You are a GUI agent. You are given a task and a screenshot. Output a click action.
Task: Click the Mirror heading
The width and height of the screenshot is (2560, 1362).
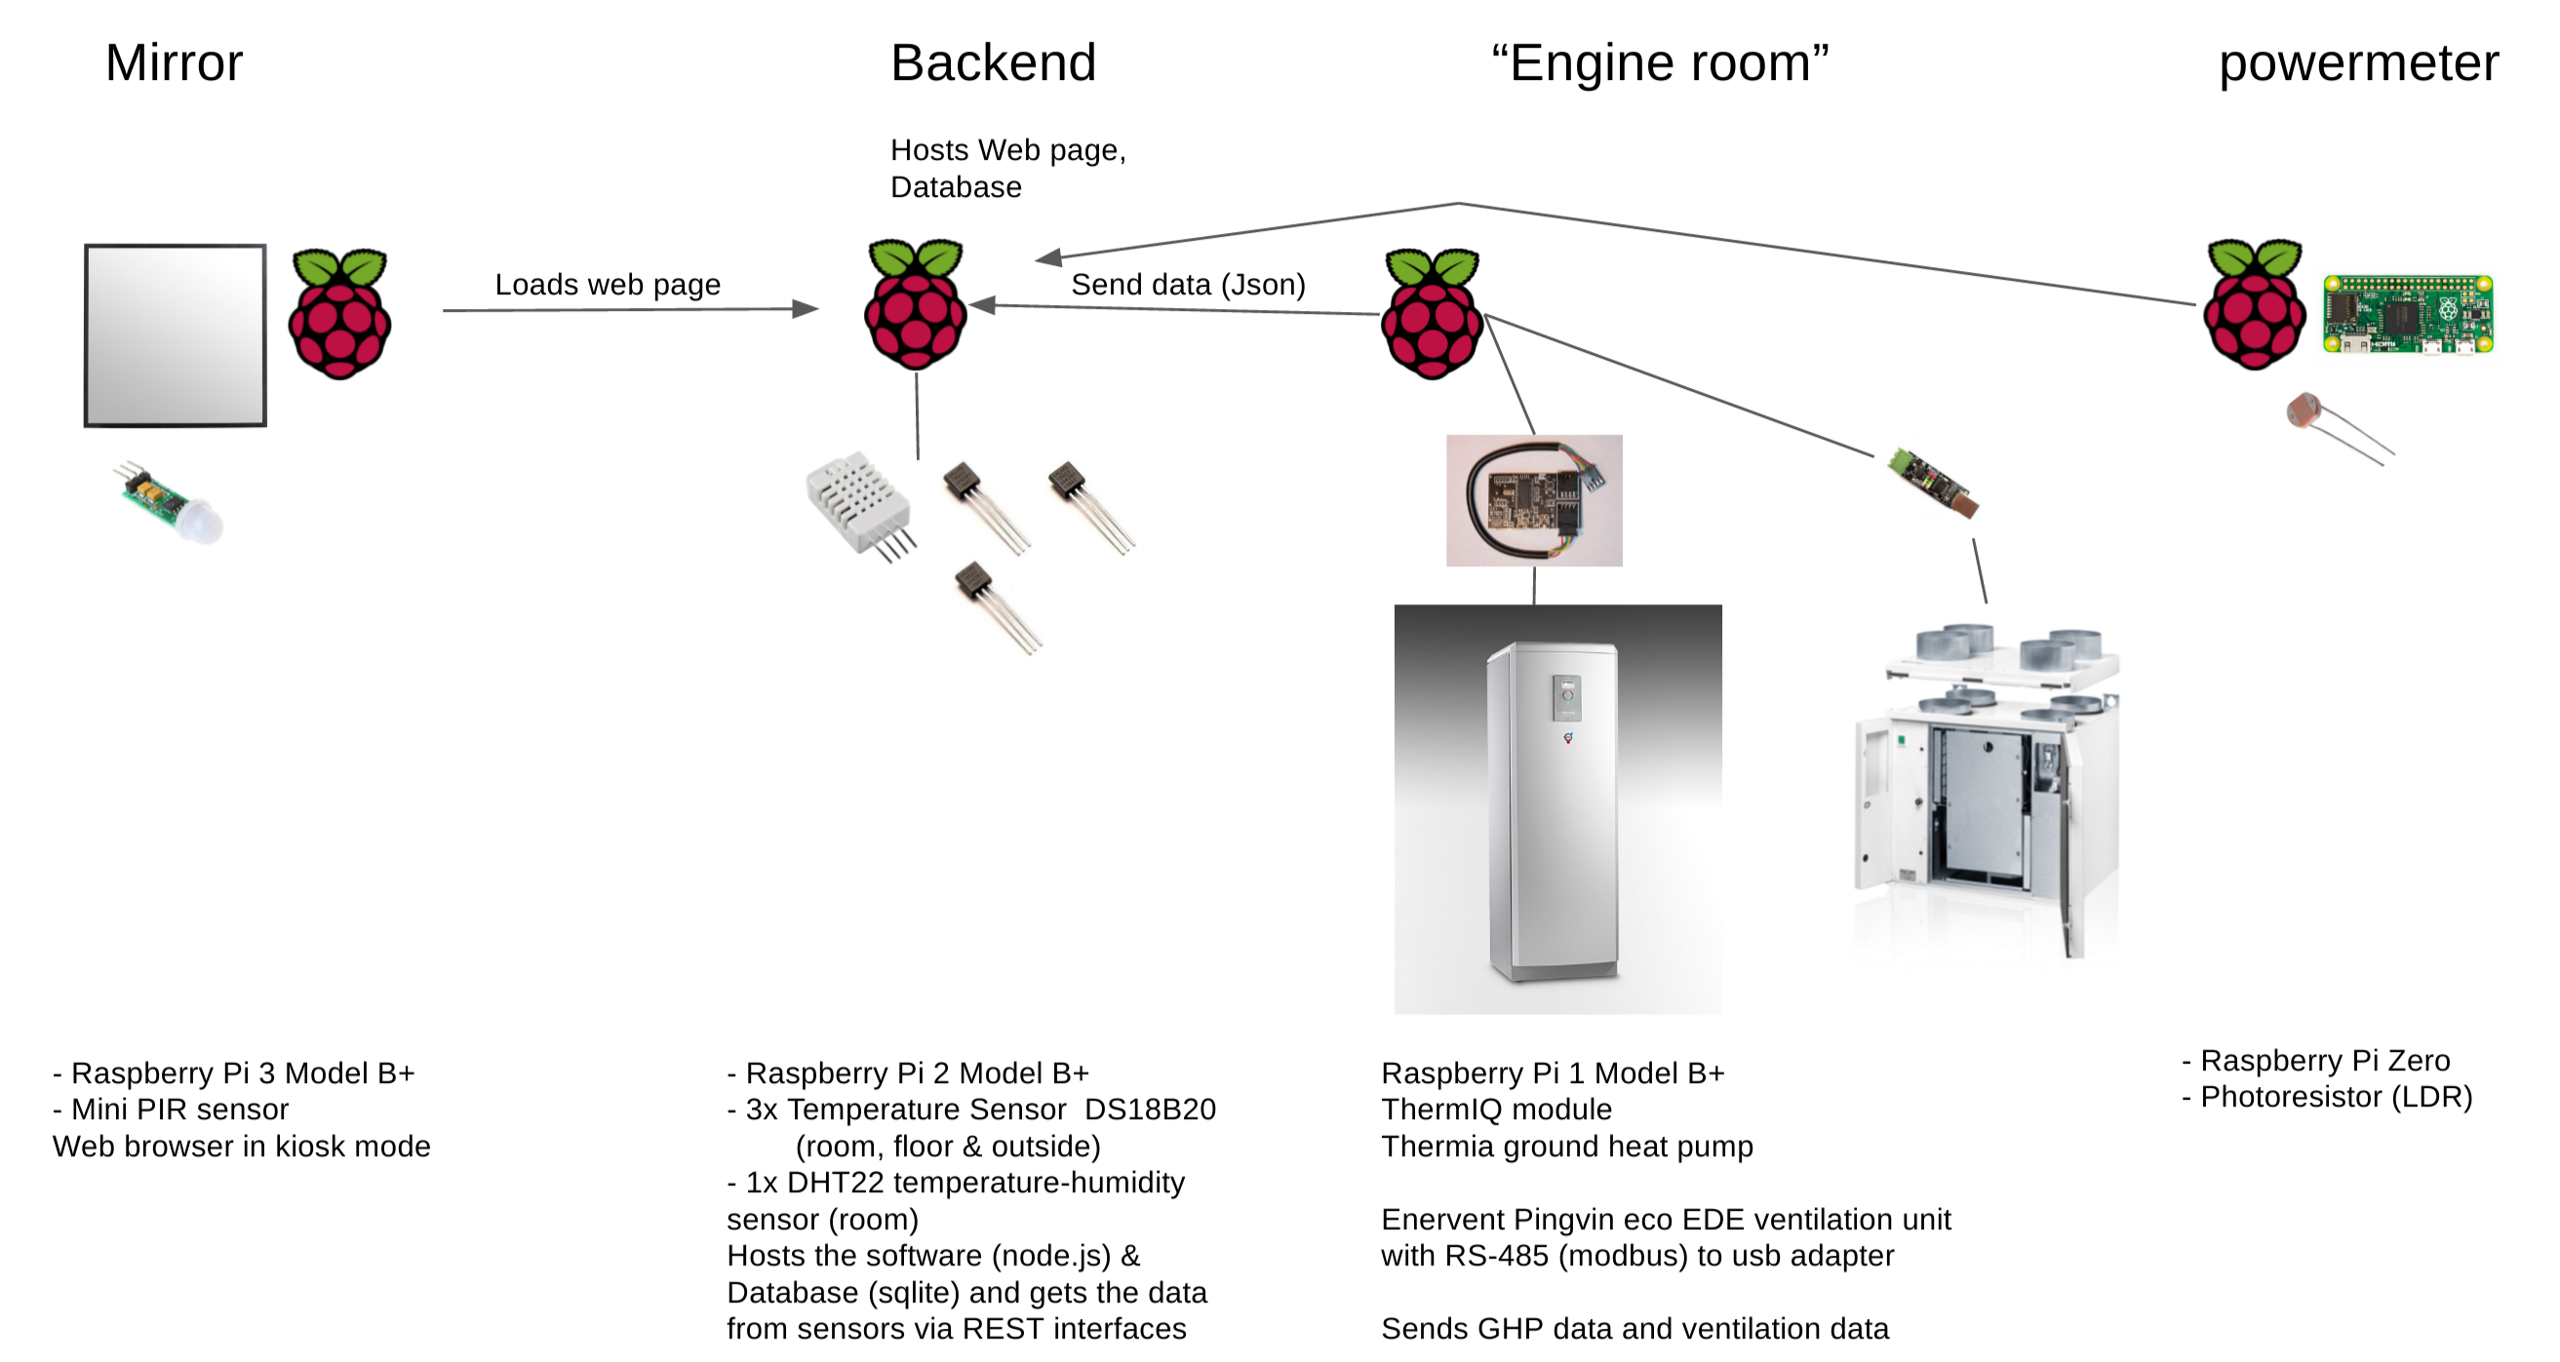pos(174,63)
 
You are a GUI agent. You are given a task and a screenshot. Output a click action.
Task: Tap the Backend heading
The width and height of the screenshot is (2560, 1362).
pos(993,63)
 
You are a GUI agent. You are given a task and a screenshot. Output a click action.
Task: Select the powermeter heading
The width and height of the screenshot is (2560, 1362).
pos(2357,63)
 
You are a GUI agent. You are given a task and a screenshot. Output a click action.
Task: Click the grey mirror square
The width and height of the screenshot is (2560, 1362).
pos(175,334)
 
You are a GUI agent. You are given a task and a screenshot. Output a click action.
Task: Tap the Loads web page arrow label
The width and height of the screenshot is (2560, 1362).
pos(608,285)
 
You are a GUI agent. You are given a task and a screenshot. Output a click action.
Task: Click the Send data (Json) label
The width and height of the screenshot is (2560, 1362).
pos(1188,285)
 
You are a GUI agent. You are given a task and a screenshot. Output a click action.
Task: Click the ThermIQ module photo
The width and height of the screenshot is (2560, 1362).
pos(1533,500)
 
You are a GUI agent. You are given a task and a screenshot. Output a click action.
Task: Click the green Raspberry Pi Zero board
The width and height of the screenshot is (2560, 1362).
pos(2407,314)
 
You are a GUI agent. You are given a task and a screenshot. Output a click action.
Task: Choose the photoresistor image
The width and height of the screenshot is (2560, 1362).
pos(2336,427)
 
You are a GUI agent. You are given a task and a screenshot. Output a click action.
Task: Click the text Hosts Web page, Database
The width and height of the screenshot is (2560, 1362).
pos(1006,168)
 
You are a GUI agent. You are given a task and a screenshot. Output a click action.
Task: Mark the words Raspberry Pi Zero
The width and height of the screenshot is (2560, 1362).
pos(2324,1060)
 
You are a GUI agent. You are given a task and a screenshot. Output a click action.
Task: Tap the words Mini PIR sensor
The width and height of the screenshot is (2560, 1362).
pos(179,1109)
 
